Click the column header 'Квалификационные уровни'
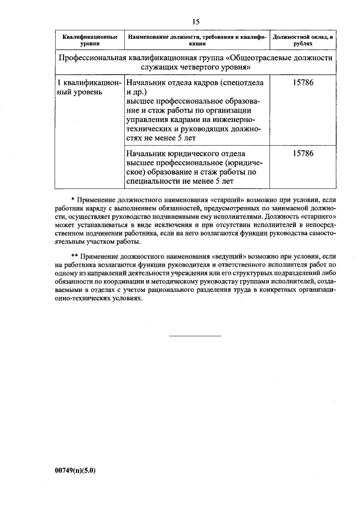(90, 39)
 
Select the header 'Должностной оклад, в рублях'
(302, 39)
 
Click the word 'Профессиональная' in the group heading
(93, 58)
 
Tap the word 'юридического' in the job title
(193, 153)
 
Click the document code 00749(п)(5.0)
(76, 471)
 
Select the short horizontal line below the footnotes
(195, 336)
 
